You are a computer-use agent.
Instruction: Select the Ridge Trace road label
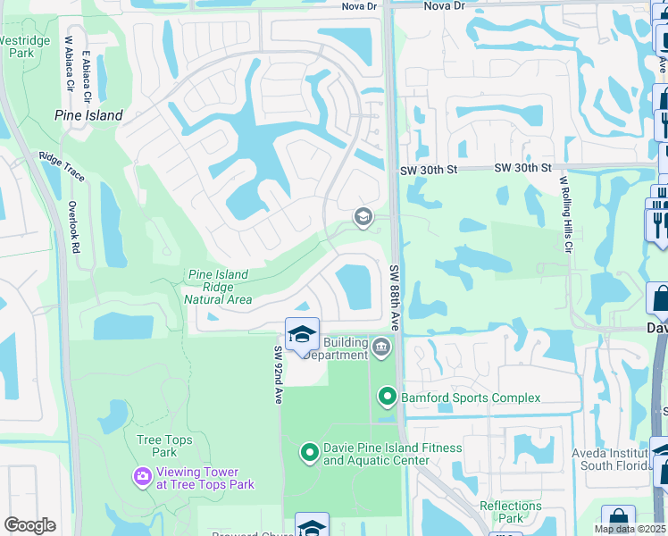click(x=62, y=167)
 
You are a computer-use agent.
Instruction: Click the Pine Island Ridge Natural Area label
click(x=218, y=288)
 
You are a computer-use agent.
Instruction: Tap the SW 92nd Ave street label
click(x=279, y=375)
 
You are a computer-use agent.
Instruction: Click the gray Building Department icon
click(x=381, y=347)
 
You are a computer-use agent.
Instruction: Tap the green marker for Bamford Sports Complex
click(x=387, y=395)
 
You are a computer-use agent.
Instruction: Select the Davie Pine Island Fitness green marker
click(x=309, y=454)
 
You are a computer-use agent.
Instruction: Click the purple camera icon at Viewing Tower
click(x=142, y=478)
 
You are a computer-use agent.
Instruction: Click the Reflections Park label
click(x=510, y=512)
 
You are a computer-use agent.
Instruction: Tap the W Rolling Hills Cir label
click(x=564, y=214)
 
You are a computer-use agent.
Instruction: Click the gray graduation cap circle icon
click(x=363, y=216)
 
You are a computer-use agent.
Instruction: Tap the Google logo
click(x=29, y=525)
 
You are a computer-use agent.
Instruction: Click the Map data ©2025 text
click(x=630, y=529)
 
